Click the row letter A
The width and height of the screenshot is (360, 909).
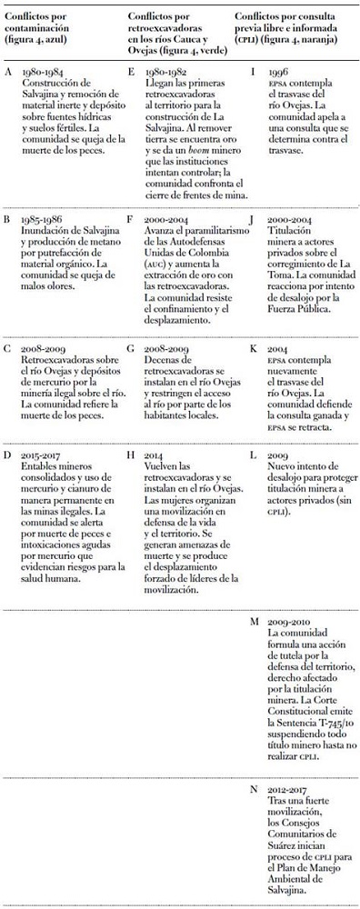[8, 72]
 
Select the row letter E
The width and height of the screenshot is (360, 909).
[133, 72]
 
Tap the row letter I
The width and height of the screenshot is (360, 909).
[252, 72]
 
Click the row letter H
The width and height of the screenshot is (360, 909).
[133, 454]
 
